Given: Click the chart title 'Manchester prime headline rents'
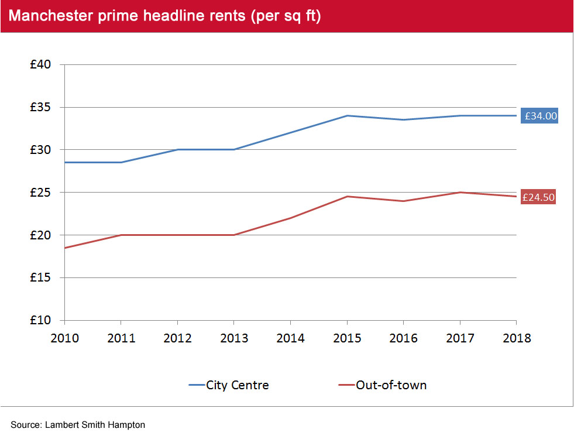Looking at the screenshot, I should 164,16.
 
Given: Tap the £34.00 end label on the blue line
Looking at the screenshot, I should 541,116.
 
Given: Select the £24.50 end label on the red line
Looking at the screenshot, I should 538,197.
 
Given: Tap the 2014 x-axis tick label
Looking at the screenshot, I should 290,338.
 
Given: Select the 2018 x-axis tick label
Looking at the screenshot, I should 516,338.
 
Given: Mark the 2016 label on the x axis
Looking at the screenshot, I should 403,338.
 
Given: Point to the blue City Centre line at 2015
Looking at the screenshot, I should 347,115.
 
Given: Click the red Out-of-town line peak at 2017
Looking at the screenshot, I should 460,192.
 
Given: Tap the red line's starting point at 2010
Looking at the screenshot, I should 64,248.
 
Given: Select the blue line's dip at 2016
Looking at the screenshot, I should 403,120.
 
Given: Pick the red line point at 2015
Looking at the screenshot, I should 347,196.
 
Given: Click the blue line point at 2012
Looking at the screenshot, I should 177,149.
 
